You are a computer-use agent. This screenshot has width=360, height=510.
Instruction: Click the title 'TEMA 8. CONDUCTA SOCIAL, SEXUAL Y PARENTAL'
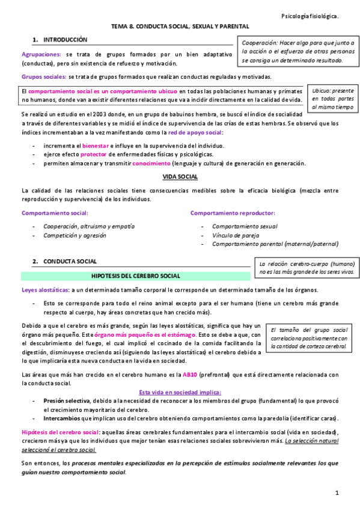180,26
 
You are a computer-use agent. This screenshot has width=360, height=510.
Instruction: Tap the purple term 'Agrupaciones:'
41,54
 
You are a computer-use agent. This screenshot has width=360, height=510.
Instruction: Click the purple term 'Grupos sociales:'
44,76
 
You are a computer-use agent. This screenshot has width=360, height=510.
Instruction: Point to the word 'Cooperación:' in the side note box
261,43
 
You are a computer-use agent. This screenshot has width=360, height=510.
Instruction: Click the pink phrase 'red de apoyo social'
195,132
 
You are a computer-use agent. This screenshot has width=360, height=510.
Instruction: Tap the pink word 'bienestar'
96,146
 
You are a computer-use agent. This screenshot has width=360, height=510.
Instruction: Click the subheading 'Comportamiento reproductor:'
233,213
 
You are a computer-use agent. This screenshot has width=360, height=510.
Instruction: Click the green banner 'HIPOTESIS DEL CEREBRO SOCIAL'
135,276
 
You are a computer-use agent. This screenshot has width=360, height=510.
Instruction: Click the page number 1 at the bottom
338,493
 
